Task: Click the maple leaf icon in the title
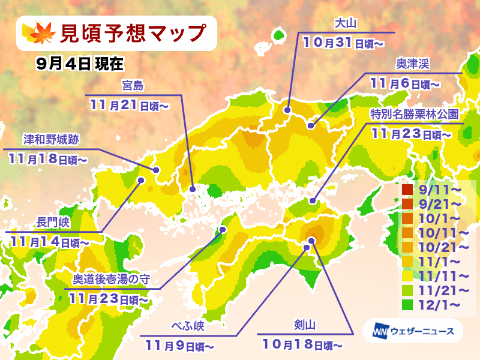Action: (x=40, y=33)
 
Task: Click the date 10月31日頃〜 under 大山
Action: (x=344, y=43)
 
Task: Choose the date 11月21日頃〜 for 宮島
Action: (x=130, y=105)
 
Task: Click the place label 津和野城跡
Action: (x=52, y=140)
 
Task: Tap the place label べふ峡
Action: (x=188, y=327)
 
